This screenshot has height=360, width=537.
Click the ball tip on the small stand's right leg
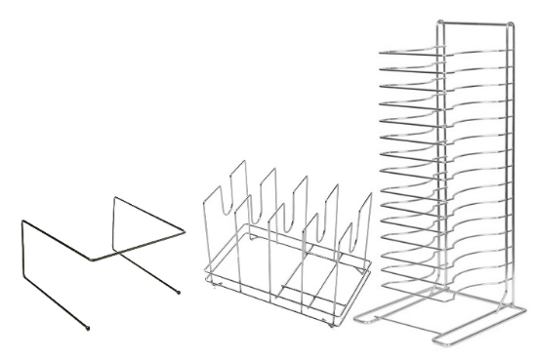pos(180,293)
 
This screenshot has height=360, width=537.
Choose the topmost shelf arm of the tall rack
pos(410,49)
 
